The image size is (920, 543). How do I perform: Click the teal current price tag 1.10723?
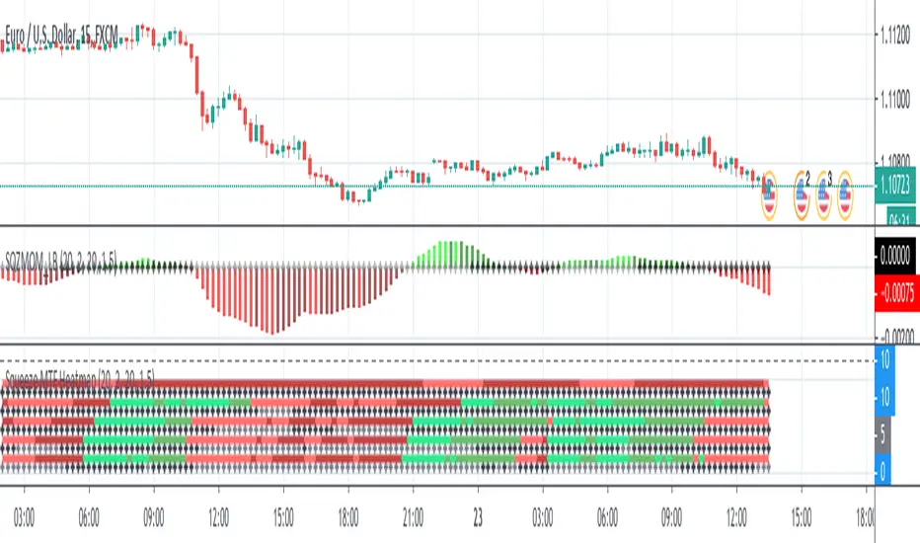click(896, 187)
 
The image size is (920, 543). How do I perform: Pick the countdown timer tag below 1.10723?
click(896, 216)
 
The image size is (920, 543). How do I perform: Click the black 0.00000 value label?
click(896, 254)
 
